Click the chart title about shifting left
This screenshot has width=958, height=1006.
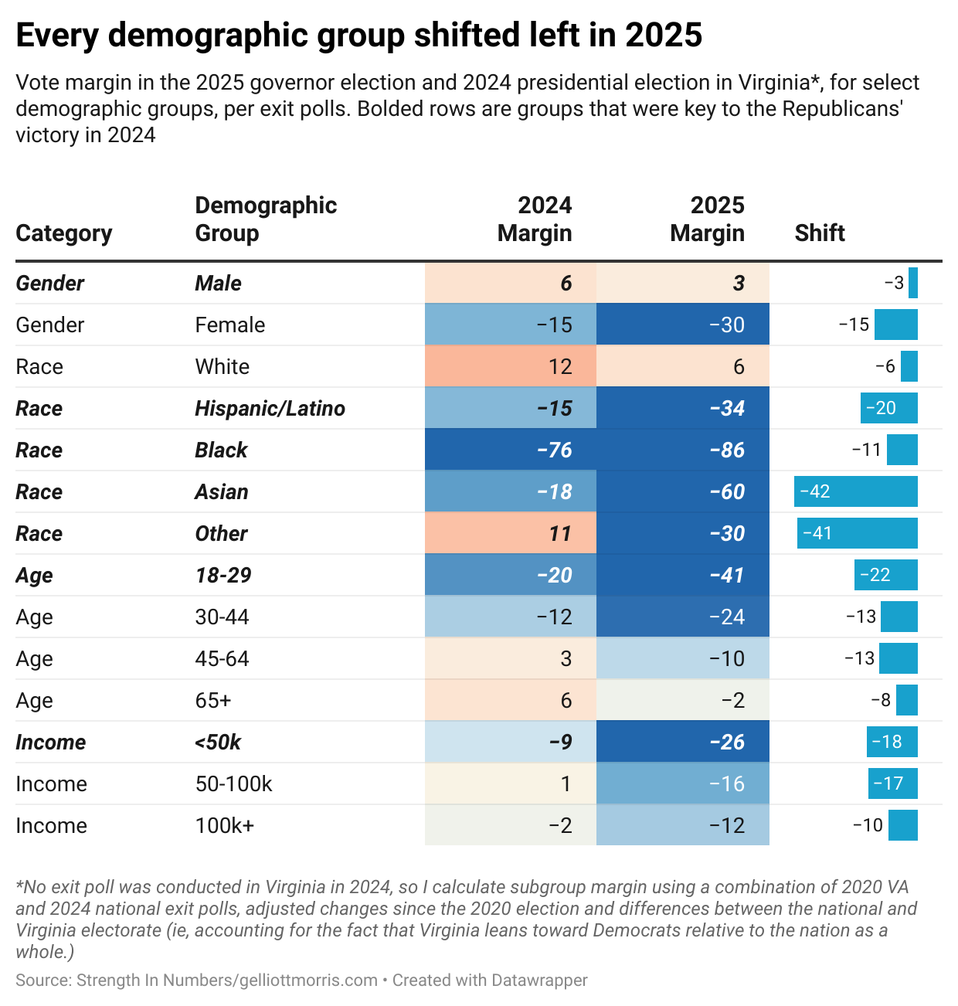[x=358, y=36]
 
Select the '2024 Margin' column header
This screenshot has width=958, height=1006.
[x=535, y=219]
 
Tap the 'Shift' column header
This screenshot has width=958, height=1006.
[x=820, y=233]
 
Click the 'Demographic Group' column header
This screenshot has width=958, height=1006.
[x=266, y=219]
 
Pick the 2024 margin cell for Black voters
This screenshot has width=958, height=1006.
[x=511, y=450]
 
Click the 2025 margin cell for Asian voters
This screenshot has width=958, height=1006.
[x=683, y=491]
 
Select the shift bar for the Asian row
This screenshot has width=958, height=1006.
[x=856, y=491]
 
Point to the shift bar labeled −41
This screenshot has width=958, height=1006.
[x=858, y=533]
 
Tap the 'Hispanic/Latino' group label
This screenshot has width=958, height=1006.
[x=270, y=408]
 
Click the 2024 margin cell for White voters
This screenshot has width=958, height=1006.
[x=511, y=366]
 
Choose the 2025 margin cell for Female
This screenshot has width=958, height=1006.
[x=683, y=325]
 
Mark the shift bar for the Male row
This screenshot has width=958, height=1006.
[x=913, y=283]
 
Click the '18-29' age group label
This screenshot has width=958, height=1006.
[x=223, y=575]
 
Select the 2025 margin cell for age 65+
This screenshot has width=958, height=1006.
[x=683, y=700]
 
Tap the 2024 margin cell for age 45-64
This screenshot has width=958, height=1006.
[x=511, y=658]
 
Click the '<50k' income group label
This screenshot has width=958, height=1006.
[x=218, y=742]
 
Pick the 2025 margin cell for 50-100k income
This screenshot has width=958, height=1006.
[x=683, y=783]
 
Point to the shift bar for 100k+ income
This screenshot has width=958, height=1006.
[x=903, y=825]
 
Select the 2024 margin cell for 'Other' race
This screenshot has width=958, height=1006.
[x=511, y=533]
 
